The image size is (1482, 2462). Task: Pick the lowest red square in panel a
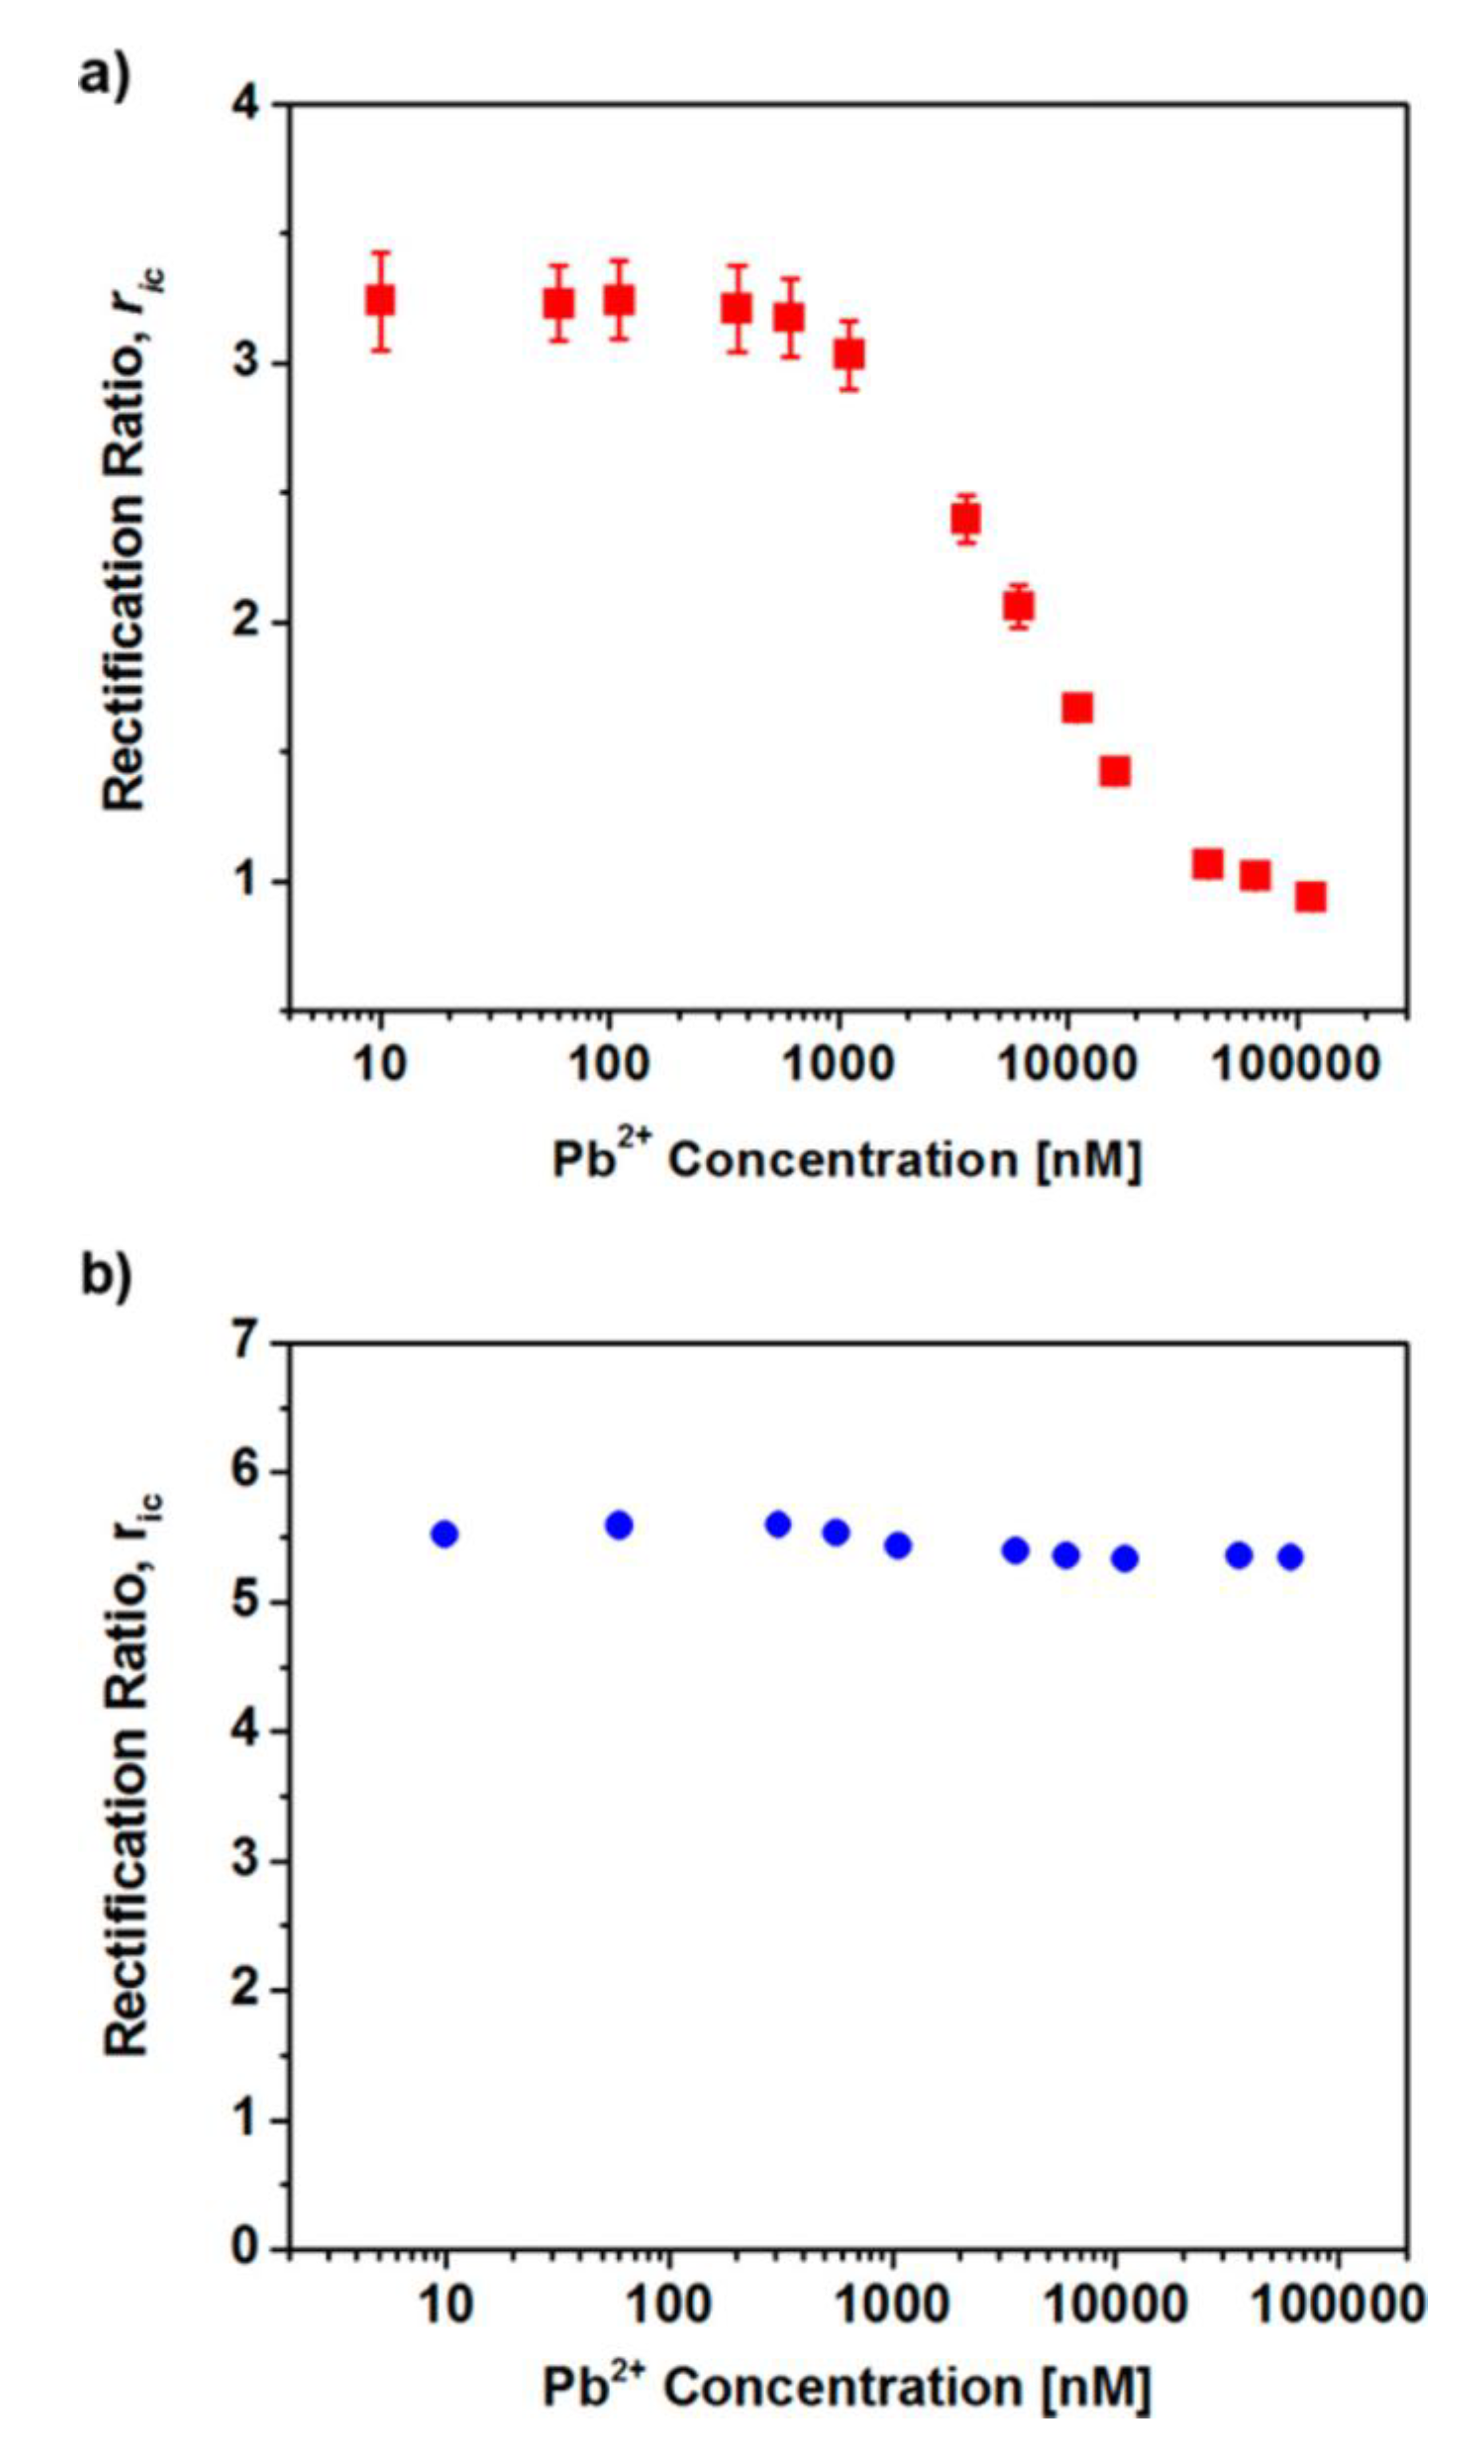click(x=1311, y=896)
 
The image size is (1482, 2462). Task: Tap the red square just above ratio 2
click(x=1018, y=605)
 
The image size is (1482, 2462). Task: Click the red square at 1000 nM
click(x=849, y=354)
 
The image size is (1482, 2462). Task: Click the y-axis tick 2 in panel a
click(x=252, y=622)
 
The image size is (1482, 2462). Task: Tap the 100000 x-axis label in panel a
click(x=1296, y=1065)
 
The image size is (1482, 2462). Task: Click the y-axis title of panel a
click(x=128, y=540)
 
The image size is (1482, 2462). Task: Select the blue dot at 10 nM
click(x=445, y=1534)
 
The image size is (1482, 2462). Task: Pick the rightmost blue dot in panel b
click(x=1290, y=1556)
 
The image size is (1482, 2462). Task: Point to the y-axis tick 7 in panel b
click(x=252, y=1343)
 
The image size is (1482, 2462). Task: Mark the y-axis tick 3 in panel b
click(x=252, y=1861)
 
